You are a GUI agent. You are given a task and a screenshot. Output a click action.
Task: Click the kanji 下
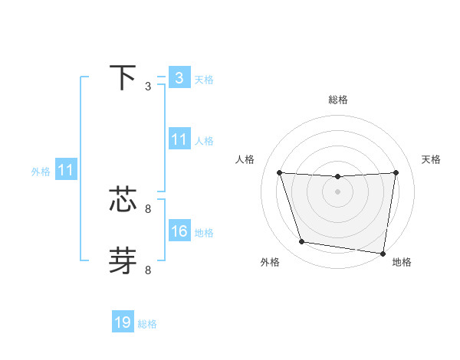123,77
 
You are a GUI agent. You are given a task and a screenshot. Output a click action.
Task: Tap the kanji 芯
123,199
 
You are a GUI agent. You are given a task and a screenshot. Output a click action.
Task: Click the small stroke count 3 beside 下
148,87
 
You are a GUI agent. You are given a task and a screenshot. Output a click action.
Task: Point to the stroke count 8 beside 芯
148,208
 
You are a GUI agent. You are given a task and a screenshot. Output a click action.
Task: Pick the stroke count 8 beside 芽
148,270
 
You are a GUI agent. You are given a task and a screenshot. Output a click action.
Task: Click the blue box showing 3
179,78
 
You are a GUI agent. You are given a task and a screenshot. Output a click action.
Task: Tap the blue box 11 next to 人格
179,139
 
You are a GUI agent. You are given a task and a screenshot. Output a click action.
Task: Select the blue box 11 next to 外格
65,170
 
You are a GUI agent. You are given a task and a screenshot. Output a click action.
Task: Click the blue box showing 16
179,231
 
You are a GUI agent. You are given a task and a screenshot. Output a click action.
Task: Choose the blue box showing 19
123,322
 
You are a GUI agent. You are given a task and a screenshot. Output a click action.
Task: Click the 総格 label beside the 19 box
147,324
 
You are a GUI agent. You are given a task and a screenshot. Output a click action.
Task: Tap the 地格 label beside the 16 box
204,233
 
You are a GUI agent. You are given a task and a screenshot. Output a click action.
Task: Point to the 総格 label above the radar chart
337,100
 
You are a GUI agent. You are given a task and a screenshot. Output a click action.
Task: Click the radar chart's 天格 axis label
431,159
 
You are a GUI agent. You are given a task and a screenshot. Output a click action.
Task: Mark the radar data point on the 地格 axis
383,254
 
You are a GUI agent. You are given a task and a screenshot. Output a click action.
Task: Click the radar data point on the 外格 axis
302,242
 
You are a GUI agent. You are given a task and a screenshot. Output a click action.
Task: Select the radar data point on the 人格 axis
279,172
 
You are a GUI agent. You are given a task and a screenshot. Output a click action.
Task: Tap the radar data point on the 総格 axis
337,177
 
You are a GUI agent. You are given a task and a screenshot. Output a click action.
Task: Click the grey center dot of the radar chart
337,191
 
